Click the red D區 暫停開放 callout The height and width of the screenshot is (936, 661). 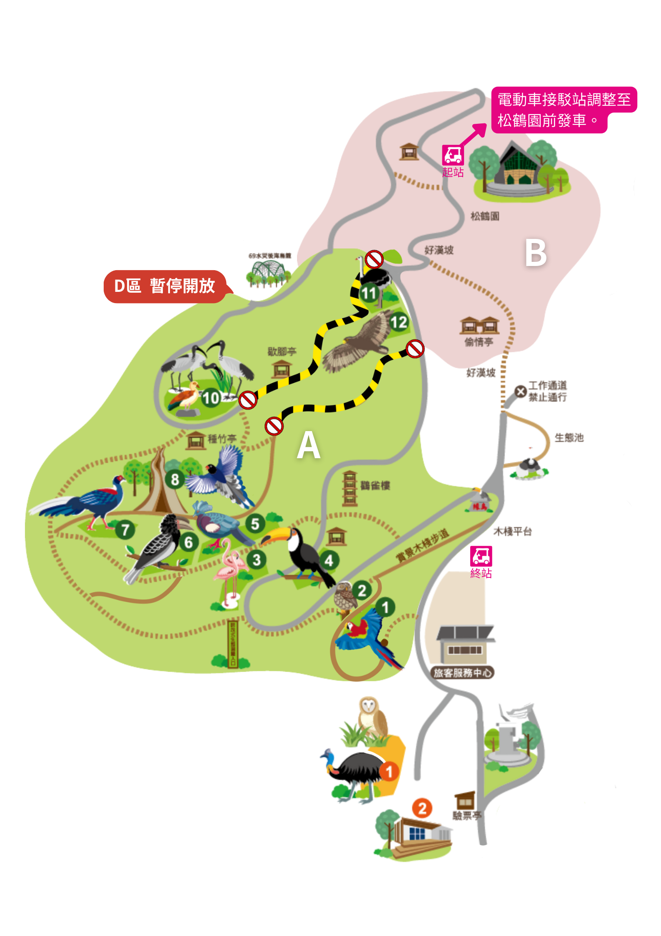pos(165,286)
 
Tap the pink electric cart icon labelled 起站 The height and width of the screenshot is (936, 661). pos(452,155)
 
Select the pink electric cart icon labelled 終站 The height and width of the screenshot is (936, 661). pos(481,556)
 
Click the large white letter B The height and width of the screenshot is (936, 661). pos(536,253)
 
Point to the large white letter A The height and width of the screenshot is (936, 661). pos(309,445)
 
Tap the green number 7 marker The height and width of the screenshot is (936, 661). pos(125,529)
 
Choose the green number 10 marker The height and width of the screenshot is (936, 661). pos(211,398)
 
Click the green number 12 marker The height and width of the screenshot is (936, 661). pos(399,322)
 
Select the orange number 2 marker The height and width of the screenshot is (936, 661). pos(422,808)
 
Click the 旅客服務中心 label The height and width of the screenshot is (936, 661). pos(462,673)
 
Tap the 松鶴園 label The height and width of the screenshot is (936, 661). pos(485,216)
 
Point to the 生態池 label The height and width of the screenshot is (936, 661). pos(569,437)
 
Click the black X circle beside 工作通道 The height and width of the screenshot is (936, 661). pos(520,391)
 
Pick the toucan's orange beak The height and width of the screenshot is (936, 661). pos(274,535)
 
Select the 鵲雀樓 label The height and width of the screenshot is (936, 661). pos(375,485)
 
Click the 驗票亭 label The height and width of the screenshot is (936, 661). pos(467,816)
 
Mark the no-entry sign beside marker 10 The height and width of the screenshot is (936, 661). pos(248,400)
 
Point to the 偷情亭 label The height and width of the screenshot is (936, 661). pos(479,342)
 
